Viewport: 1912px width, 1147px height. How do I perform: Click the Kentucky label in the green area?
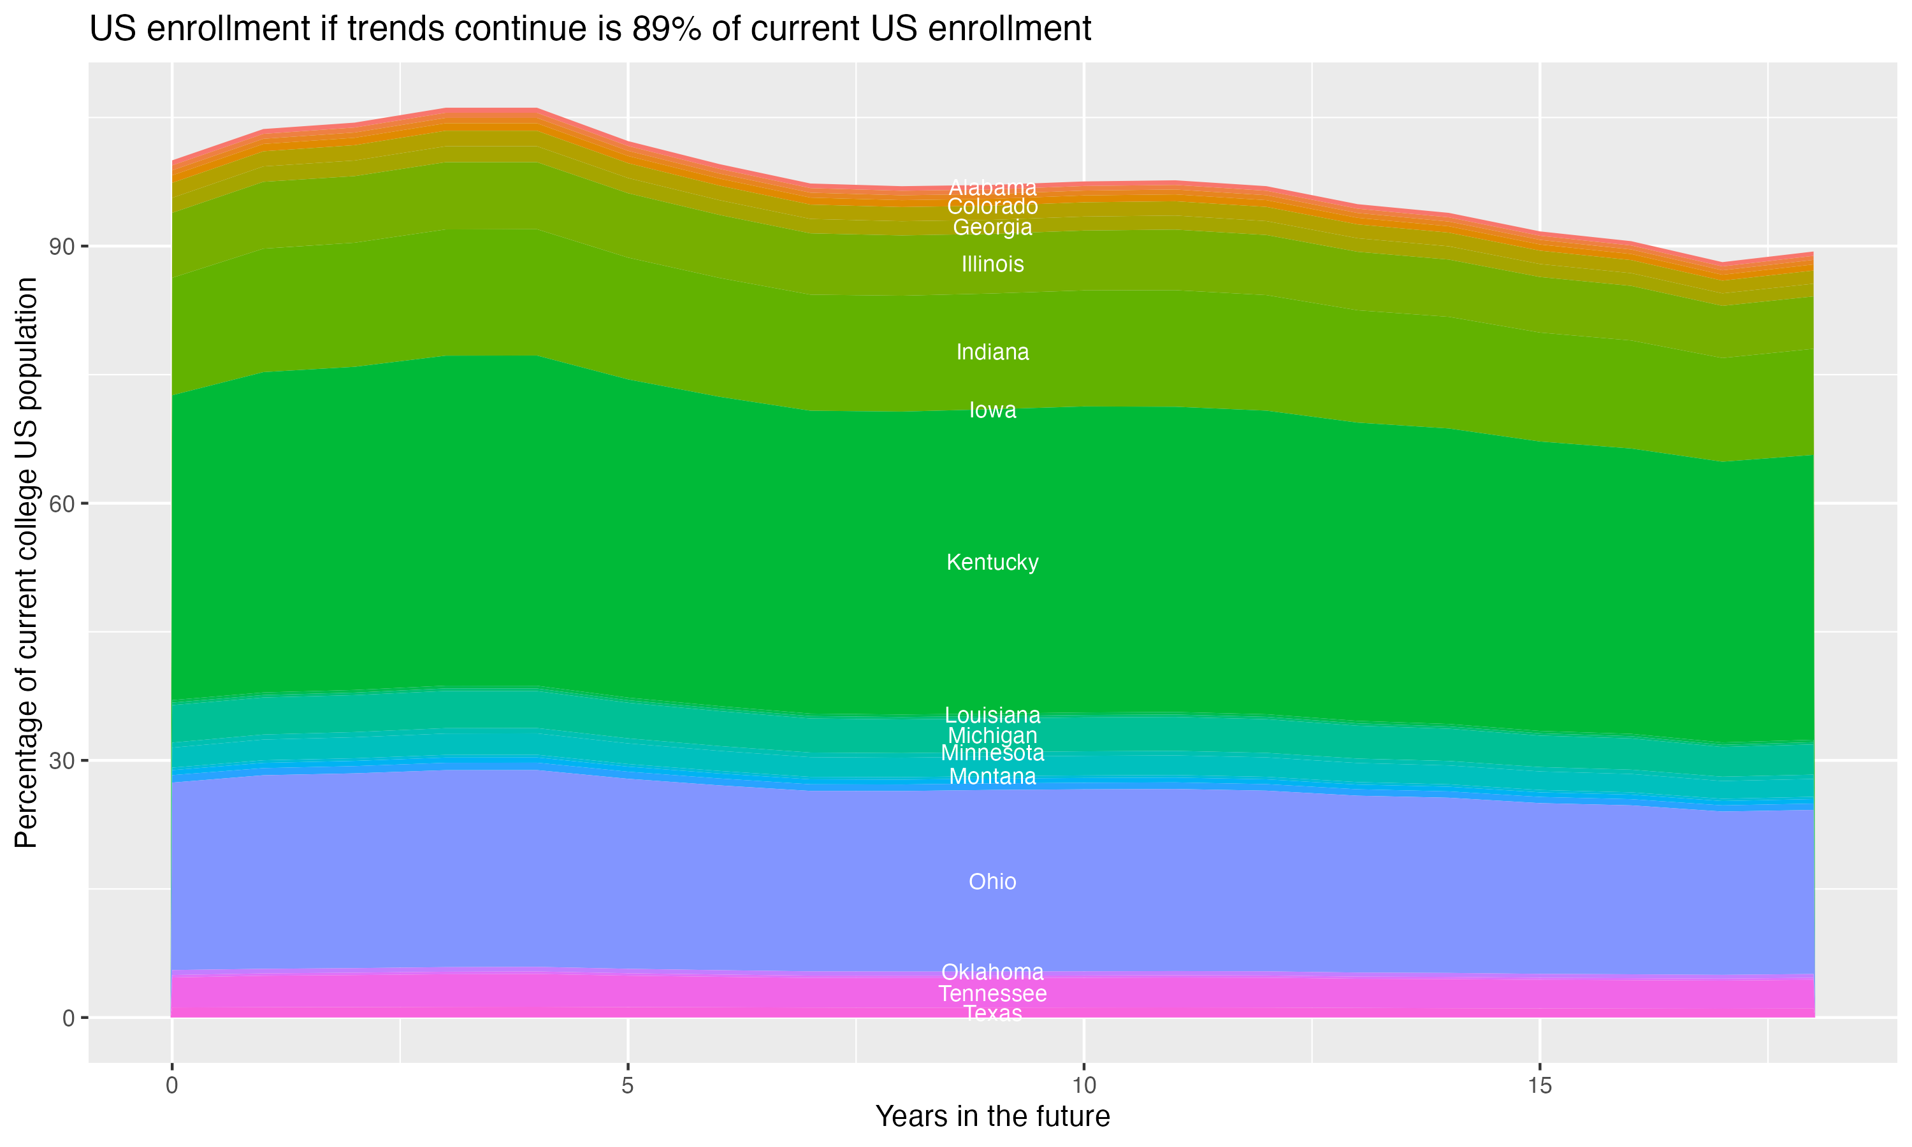click(992, 562)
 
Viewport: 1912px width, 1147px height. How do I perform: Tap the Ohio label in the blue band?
click(992, 881)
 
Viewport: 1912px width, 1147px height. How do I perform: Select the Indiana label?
click(992, 352)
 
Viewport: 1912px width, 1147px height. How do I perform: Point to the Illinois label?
click(992, 264)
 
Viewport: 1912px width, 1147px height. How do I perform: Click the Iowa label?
click(992, 410)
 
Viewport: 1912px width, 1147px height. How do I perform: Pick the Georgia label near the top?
click(992, 227)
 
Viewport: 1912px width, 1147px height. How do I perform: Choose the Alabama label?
click(992, 187)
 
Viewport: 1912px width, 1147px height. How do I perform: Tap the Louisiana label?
click(992, 715)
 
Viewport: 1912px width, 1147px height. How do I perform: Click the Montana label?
click(992, 776)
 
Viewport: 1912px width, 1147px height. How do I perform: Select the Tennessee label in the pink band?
click(992, 993)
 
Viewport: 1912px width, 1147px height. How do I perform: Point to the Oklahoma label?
click(992, 972)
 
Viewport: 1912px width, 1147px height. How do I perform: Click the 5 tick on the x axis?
click(628, 1086)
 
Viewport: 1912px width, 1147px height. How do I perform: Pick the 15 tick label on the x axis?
click(1540, 1086)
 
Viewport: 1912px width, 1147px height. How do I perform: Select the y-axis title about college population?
click(26, 562)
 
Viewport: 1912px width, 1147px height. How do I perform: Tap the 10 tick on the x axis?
click(1083, 1086)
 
